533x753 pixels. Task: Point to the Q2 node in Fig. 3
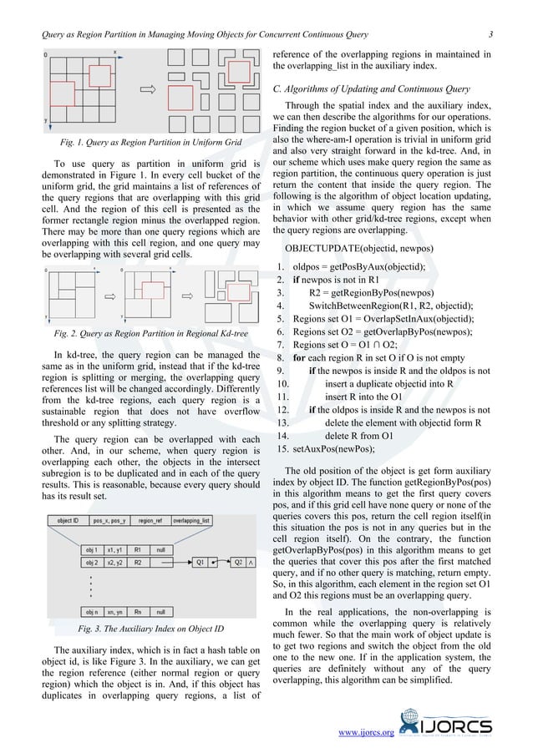(238, 562)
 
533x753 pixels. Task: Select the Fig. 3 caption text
(139, 628)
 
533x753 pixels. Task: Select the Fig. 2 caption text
(139, 335)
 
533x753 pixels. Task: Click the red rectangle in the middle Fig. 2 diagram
(151, 290)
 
